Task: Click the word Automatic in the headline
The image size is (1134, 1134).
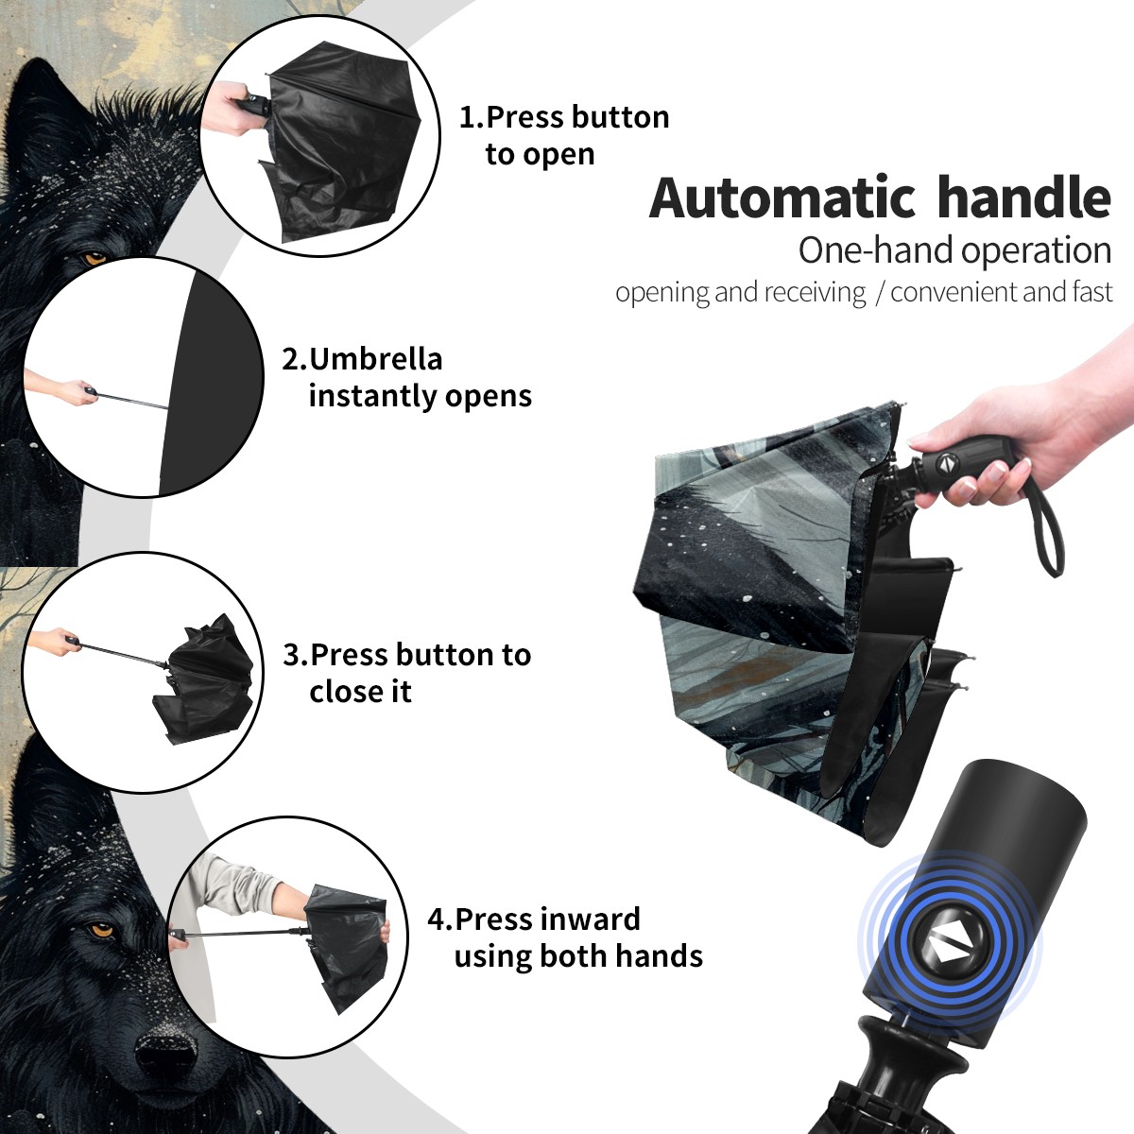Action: tap(782, 198)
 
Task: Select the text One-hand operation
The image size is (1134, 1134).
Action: tap(954, 251)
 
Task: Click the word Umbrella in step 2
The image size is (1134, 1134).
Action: tap(375, 359)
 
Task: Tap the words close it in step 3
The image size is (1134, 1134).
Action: tap(360, 691)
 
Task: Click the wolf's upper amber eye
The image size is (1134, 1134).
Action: tap(95, 258)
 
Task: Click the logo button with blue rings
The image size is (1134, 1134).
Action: tap(949, 949)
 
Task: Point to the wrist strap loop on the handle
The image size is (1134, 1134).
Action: tap(1047, 529)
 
